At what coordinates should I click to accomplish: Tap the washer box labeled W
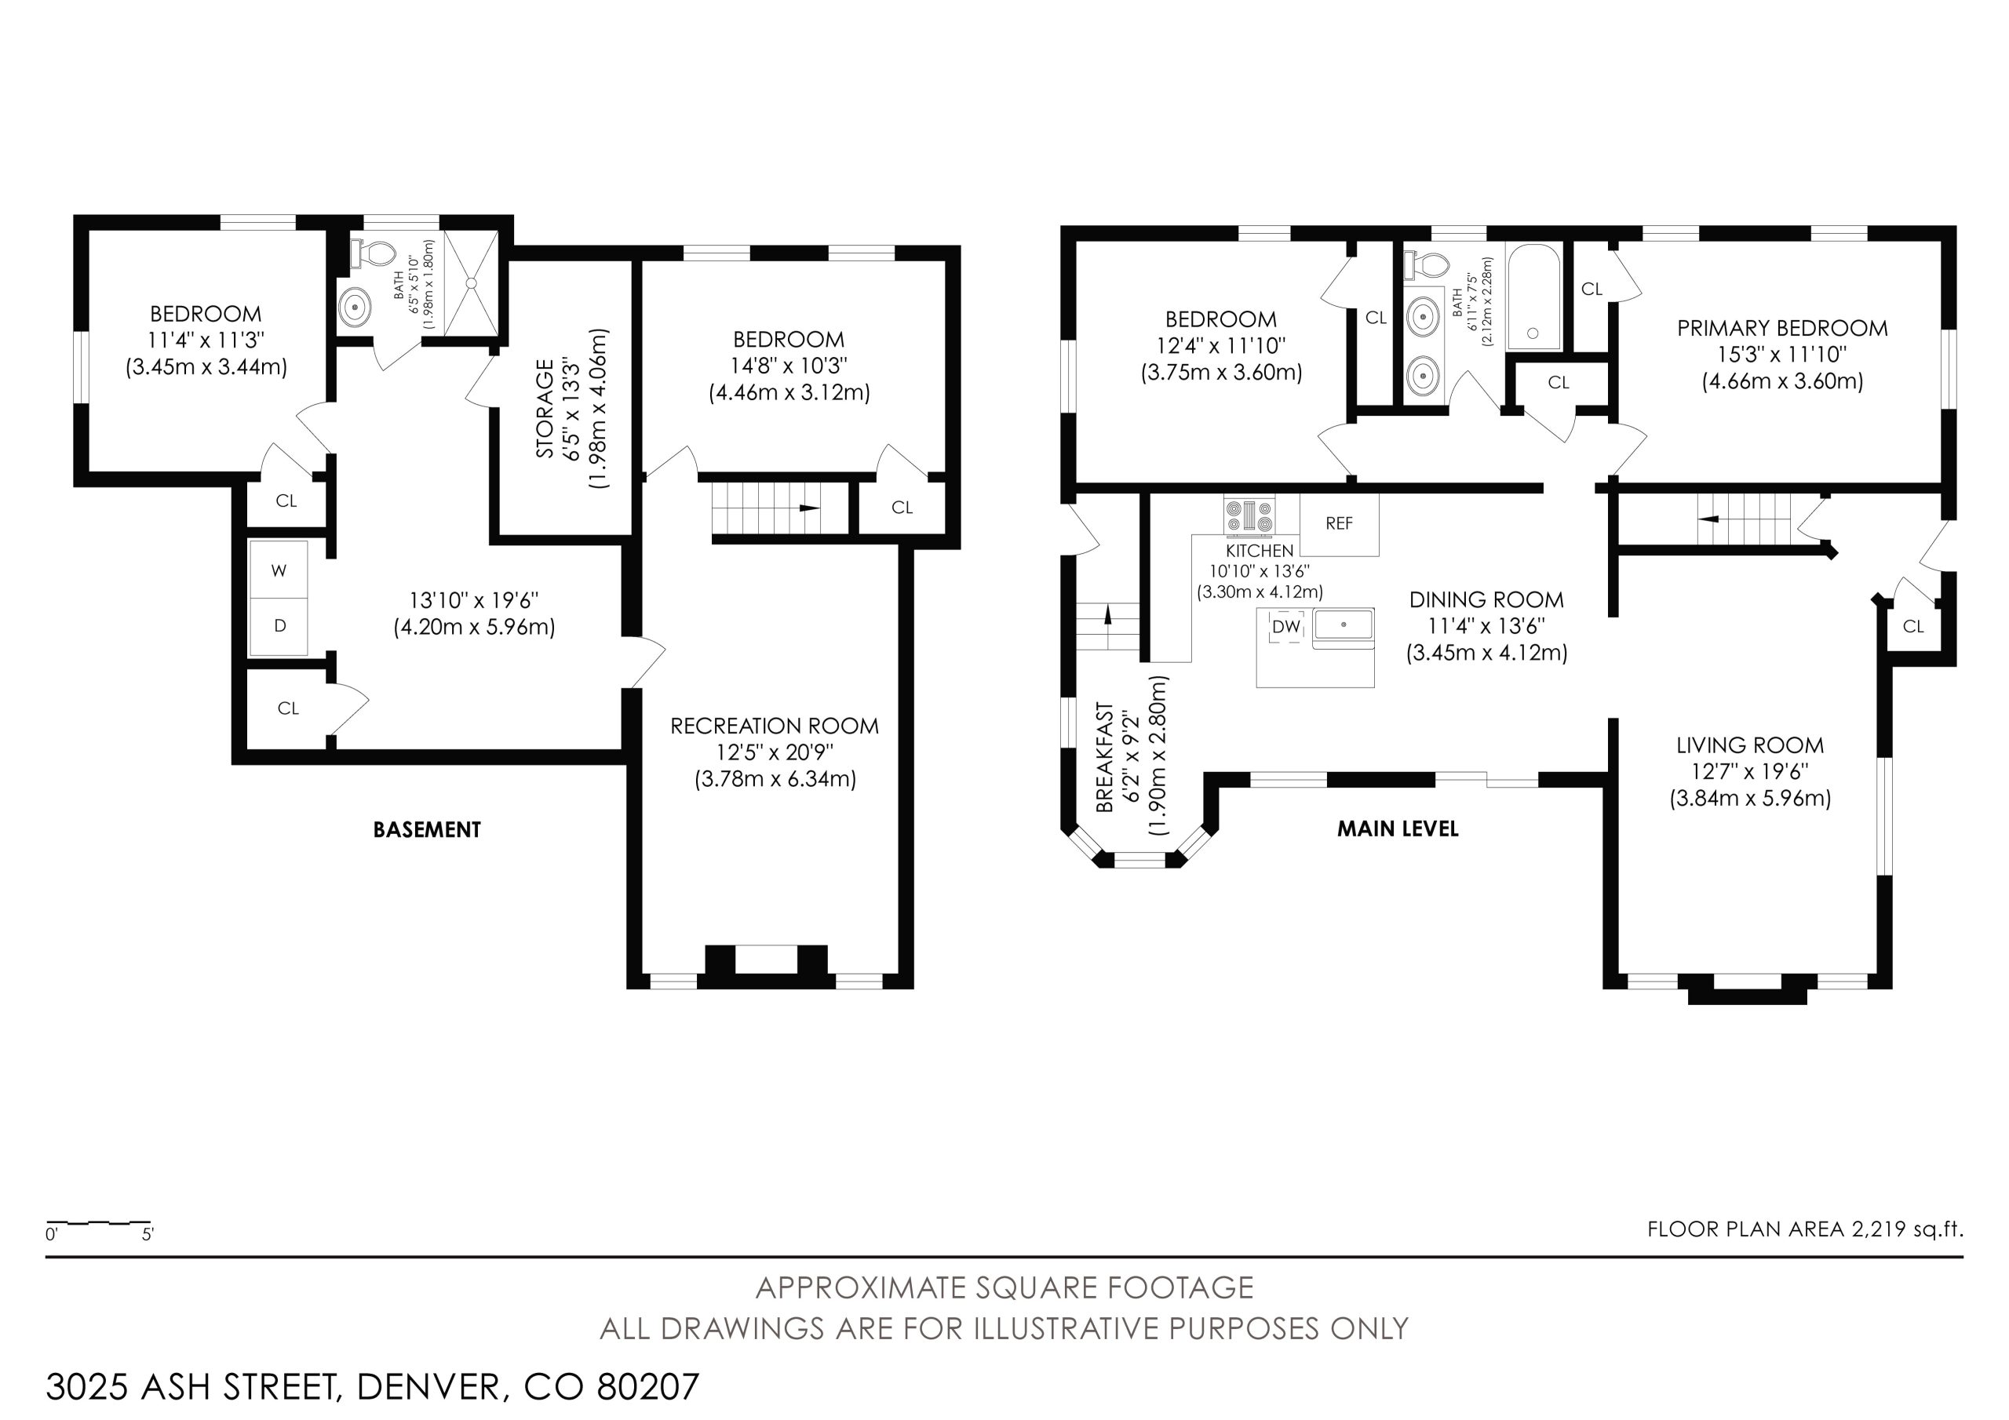[x=279, y=570]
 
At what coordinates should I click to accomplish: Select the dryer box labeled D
[x=279, y=626]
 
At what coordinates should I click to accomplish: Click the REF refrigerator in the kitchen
[x=1339, y=524]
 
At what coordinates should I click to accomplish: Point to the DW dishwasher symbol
[x=1285, y=626]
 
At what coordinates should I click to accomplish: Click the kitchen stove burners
[x=1249, y=515]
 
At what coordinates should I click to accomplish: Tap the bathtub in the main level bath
[x=1533, y=297]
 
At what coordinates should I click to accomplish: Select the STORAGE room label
[x=545, y=409]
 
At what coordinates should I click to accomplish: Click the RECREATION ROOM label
[x=775, y=726]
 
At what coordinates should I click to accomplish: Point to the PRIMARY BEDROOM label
[x=1782, y=328]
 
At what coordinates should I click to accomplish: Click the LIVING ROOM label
[x=1750, y=745]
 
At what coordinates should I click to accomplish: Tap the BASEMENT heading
[x=427, y=829]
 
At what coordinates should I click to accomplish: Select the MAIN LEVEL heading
[x=1398, y=828]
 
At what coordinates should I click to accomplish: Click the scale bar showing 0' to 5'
[x=99, y=1222]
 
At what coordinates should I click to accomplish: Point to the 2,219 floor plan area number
[x=1878, y=1229]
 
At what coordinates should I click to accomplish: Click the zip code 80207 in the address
[x=648, y=1387]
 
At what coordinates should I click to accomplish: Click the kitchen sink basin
[x=1343, y=624]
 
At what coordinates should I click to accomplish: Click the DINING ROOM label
[x=1486, y=600]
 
